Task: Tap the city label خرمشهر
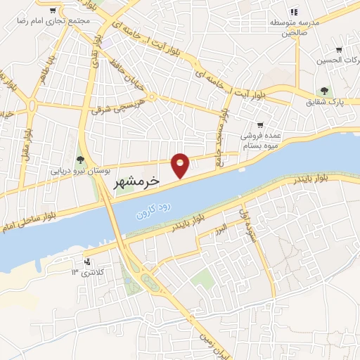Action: [137, 181]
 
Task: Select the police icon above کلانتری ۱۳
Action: [87, 260]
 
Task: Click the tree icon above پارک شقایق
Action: [324, 91]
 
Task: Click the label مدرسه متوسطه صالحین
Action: [295, 27]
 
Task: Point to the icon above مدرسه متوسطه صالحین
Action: [295, 11]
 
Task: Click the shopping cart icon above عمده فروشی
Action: [260, 124]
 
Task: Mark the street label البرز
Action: [221, 229]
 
